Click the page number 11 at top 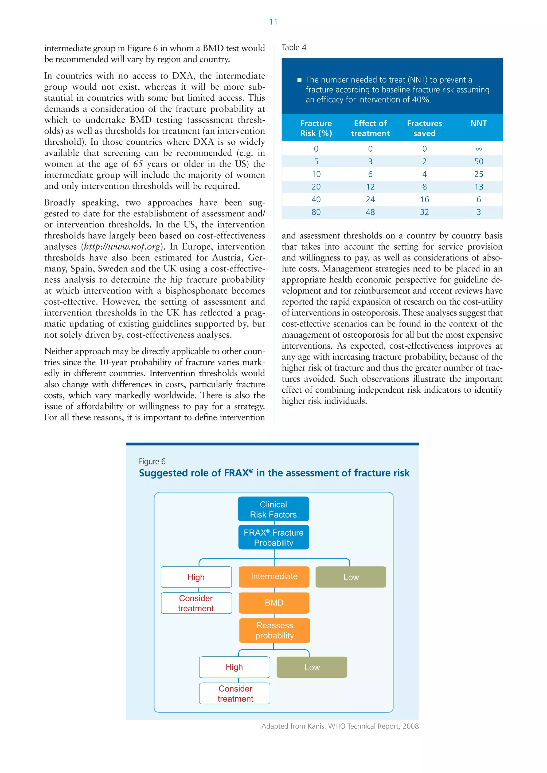[273, 22]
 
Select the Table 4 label [294, 48]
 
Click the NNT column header [478, 124]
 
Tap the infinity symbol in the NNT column [478, 149]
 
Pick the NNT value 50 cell [478, 161]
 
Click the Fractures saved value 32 [424, 212]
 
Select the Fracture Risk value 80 [316, 212]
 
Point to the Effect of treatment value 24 [370, 200]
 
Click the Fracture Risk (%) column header [316, 128]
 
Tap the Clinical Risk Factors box [273, 509]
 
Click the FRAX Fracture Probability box [273, 537]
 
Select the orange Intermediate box [274, 576]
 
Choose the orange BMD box [274, 603]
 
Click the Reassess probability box [275, 630]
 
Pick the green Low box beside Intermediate [351, 577]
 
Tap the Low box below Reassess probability [312, 667]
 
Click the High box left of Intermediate [196, 577]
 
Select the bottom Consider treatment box [235, 693]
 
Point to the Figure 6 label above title [152, 461]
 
